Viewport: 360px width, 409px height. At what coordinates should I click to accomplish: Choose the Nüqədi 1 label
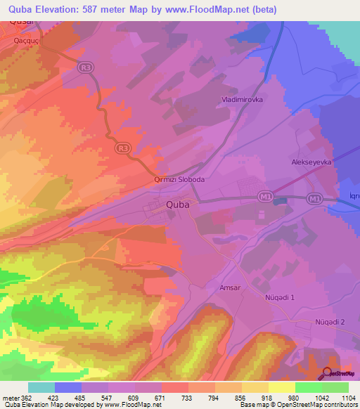point(279,297)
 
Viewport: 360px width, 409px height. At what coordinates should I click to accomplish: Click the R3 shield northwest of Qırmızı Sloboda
point(122,148)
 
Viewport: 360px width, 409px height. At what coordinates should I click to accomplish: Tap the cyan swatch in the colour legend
point(41,387)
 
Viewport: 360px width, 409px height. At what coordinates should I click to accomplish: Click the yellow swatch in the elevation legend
point(282,387)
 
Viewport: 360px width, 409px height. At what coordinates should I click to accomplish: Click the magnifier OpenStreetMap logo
point(328,373)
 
